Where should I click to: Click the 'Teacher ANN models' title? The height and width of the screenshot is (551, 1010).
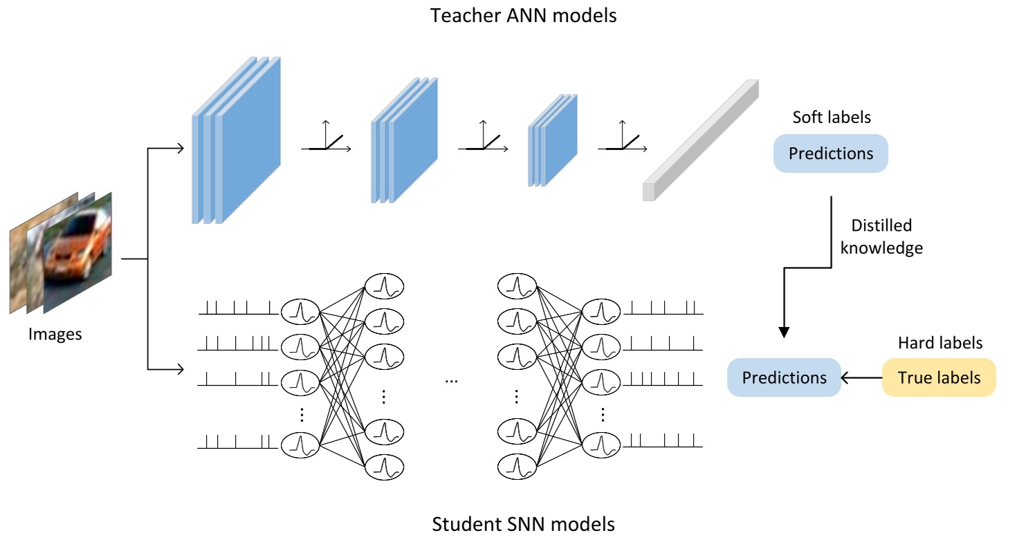click(523, 16)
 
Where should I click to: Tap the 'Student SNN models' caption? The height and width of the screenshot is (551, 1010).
click(523, 525)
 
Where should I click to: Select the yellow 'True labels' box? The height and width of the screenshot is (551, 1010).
click(939, 377)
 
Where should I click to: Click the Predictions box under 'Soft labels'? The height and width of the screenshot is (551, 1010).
click(831, 153)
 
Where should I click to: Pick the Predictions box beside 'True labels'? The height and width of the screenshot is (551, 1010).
click(784, 377)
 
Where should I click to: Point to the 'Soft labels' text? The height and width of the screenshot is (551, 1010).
click(832, 118)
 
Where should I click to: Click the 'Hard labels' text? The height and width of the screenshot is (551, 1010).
click(940, 343)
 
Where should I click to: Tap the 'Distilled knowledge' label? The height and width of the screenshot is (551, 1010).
click(881, 236)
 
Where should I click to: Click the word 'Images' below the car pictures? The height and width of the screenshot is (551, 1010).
click(55, 335)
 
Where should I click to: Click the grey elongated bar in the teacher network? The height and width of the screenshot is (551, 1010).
click(701, 140)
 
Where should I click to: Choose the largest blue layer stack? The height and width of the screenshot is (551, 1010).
click(237, 140)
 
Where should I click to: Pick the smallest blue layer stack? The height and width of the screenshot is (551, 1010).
click(553, 140)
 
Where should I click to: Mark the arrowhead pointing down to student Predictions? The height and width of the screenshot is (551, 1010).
click(784, 333)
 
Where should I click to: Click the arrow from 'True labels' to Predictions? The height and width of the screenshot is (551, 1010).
click(862, 377)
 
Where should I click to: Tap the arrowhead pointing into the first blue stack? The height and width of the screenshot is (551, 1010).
click(180, 148)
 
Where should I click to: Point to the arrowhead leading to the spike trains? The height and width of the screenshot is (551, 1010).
click(180, 369)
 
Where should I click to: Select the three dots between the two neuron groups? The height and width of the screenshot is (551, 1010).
click(451, 382)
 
